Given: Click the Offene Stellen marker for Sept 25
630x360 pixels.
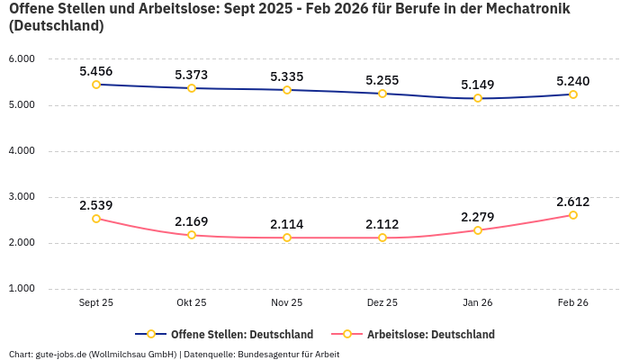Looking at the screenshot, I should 96,85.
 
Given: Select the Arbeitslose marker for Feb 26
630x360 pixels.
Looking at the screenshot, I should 572,215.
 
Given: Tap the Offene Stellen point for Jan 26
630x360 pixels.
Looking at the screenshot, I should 478,98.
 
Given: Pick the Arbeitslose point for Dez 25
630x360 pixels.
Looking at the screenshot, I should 382,238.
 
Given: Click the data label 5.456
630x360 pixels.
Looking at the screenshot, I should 96,71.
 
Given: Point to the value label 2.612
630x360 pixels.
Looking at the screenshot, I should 572,202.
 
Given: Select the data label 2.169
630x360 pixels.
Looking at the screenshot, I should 192,221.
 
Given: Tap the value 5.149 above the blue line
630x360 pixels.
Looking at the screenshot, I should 478,85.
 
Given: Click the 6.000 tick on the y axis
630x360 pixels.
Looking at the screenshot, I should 21,59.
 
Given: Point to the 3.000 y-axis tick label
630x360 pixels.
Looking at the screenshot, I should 21,197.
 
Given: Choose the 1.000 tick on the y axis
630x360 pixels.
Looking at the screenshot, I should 21,289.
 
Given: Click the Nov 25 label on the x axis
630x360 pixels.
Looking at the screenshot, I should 287,303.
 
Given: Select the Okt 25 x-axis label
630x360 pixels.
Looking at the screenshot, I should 192,303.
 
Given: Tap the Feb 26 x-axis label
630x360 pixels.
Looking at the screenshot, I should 572,303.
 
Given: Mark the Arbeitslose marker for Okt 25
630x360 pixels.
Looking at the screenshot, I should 192,235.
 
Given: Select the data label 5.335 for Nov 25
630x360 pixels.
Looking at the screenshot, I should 287,76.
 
